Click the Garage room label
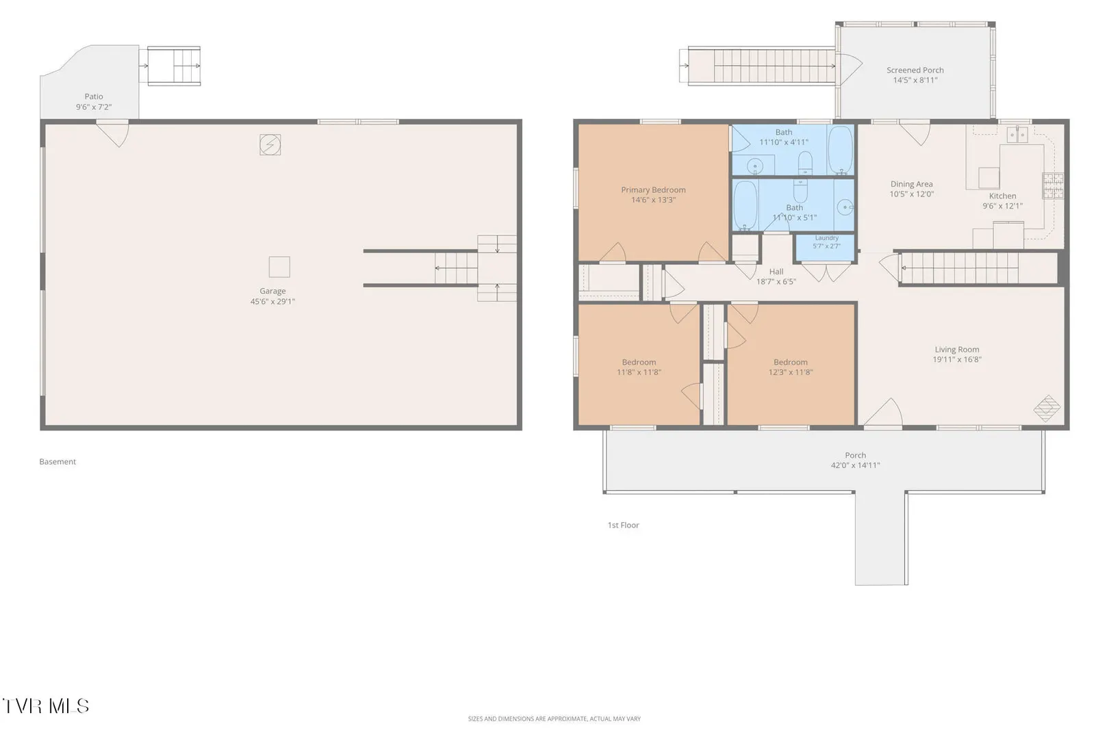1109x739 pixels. click(x=272, y=291)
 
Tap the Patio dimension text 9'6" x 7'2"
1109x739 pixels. click(x=94, y=107)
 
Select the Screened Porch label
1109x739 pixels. click(x=915, y=70)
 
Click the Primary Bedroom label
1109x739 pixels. click(x=654, y=190)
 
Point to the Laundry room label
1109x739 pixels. click(x=827, y=238)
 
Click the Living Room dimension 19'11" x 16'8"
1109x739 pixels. click(x=957, y=360)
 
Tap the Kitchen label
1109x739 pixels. click(x=1003, y=196)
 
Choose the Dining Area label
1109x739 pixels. click(x=911, y=184)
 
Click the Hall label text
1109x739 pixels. click(x=776, y=272)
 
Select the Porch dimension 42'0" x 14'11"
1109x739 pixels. click(x=856, y=465)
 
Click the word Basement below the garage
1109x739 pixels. click(x=58, y=462)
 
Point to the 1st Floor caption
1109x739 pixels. click(x=624, y=526)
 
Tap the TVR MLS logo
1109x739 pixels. click(x=46, y=706)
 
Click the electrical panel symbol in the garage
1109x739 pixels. click(x=270, y=144)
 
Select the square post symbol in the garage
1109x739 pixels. click(x=279, y=268)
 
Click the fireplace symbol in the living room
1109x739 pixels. click(x=1047, y=408)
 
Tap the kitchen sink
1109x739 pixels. click(x=1017, y=135)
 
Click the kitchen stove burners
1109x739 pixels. click(x=1053, y=185)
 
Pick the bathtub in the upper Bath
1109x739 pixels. click(x=840, y=150)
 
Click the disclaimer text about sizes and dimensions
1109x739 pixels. click(x=554, y=718)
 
